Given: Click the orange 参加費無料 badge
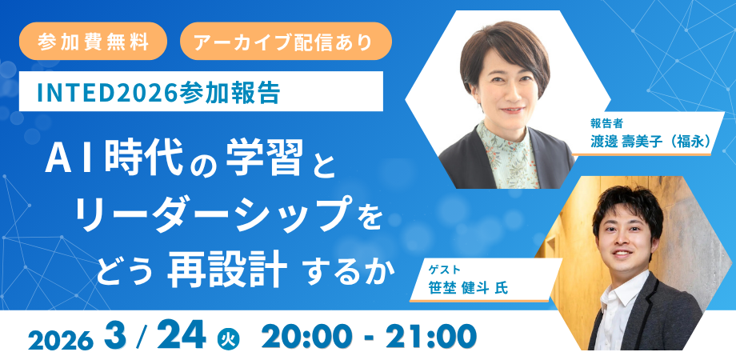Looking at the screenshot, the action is coord(93,41).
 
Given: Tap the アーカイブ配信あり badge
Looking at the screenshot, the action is coord(286,41).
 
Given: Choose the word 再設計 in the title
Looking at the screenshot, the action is coord(227,269).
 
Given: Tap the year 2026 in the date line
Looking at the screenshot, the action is coord(60,340).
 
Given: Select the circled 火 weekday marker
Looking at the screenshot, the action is coord(229,338).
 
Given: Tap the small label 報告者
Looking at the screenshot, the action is coord(606,124).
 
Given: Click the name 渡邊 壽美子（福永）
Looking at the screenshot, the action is coord(650,142).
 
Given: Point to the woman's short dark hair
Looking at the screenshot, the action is coord(504,47).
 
